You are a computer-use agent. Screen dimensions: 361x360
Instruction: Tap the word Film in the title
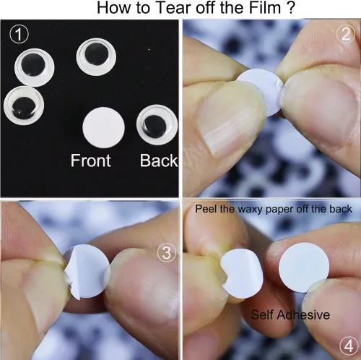pos(265,7)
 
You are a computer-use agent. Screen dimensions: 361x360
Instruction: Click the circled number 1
pos(19,34)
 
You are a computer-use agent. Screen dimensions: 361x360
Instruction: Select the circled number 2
pos(346,34)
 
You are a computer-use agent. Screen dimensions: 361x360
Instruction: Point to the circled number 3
pos(167,253)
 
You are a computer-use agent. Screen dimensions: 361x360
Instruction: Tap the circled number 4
pos(349,346)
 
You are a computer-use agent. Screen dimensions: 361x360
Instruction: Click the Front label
pos(90,160)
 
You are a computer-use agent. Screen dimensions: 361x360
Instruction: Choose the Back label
pos(159,160)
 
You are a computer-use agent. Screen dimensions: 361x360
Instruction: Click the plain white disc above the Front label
pos(103,127)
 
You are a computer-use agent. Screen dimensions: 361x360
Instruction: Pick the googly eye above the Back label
pos(157,125)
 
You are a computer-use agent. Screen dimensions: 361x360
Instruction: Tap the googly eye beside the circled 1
pos(34,67)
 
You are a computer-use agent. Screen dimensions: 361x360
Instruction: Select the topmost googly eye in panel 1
pos(96,56)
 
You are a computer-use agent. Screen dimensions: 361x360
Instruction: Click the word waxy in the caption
pos(251,209)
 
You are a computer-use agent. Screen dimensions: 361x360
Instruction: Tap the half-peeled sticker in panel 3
pos(87,272)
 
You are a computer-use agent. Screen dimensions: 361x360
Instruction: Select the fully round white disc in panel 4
pos(304,267)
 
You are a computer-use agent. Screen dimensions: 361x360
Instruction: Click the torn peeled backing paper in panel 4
pos(242,273)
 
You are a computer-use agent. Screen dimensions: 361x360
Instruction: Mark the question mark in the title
pos(291,7)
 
